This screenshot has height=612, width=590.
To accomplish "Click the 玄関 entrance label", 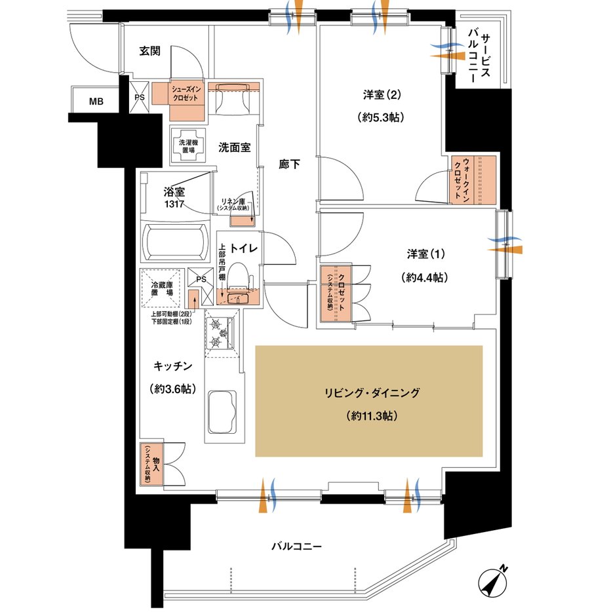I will click(151, 50).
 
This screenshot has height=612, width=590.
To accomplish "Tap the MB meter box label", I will click(96, 100).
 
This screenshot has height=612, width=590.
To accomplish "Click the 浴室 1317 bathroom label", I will click(174, 197).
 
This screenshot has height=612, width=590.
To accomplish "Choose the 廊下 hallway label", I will click(289, 165).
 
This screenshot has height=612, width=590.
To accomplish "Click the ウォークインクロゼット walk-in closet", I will click(474, 178).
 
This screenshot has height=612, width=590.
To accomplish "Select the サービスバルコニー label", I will click(484, 57).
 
